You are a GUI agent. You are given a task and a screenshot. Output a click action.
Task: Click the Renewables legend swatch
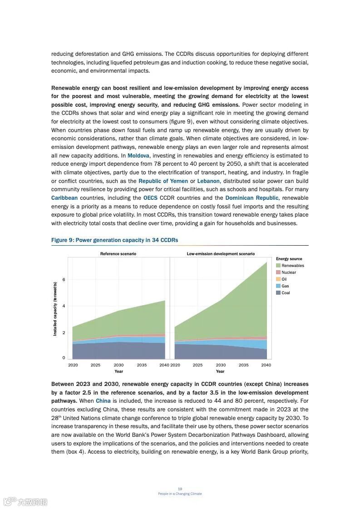(x=278, y=266)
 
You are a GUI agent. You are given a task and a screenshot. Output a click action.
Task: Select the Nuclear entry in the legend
(x=288, y=272)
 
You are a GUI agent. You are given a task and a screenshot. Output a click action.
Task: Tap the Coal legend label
(x=286, y=293)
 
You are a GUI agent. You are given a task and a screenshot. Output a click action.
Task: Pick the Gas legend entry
(x=285, y=286)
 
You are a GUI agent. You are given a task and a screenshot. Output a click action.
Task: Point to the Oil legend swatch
(x=278, y=279)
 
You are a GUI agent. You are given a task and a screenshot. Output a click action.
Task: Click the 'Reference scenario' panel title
(x=118, y=254)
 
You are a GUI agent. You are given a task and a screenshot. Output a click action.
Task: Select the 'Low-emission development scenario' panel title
(x=221, y=254)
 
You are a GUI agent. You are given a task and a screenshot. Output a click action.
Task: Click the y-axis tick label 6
(x=64, y=280)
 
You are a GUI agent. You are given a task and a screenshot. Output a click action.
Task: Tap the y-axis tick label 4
(x=64, y=306)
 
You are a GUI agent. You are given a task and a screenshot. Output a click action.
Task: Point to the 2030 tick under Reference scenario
(x=118, y=365)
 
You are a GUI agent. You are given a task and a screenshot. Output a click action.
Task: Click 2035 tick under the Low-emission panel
(x=243, y=365)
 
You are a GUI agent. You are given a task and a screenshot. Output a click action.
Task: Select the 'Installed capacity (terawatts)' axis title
(x=55, y=309)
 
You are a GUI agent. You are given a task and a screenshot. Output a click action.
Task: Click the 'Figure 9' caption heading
(x=114, y=240)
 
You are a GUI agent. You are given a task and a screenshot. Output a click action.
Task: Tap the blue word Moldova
(x=138, y=156)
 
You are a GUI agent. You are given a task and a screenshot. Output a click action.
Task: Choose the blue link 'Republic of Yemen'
(x=163, y=181)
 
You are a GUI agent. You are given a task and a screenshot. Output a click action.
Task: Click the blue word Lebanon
(x=208, y=181)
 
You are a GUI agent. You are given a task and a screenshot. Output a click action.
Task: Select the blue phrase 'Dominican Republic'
(x=252, y=198)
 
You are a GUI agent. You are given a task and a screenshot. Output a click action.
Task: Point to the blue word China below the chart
(x=103, y=401)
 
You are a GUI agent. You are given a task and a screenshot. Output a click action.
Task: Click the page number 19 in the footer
(x=180, y=489)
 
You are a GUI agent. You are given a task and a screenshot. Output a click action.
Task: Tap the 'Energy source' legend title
(x=289, y=259)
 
